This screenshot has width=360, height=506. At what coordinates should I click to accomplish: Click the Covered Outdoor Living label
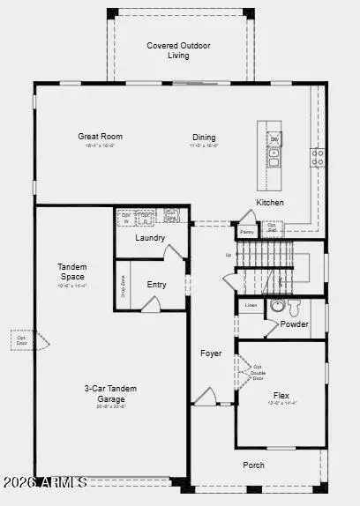(x=179, y=50)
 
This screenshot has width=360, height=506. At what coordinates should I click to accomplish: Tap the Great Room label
(x=100, y=137)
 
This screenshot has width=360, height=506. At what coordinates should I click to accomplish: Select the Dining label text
(x=204, y=137)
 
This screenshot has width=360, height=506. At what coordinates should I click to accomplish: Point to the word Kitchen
(x=270, y=203)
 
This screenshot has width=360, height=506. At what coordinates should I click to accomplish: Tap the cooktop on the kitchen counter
(x=317, y=157)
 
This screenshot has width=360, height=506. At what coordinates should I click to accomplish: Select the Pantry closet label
(x=246, y=232)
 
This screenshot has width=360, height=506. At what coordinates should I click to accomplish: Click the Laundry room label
(x=151, y=238)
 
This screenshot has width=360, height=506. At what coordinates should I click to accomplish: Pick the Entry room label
(x=156, y=285)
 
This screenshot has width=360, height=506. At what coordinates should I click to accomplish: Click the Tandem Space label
(x=72, y=272)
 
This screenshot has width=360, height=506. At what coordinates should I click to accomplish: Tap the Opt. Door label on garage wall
(x=19, y=339)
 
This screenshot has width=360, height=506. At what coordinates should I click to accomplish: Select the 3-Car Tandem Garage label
(x=110, y=393)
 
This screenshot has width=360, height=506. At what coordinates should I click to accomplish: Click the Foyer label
(x=211, y=353)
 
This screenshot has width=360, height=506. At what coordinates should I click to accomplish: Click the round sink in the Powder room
(x=277, y=307)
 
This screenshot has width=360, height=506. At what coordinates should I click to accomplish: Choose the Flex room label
(x=281, y=396)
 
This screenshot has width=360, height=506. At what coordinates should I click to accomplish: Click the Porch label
(x=254, y=465)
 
